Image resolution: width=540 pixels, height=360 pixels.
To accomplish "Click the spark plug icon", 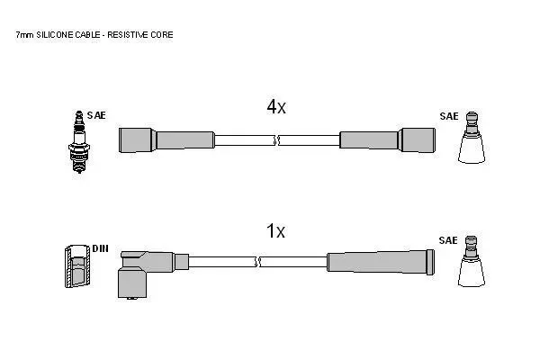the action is (x=79, y=141).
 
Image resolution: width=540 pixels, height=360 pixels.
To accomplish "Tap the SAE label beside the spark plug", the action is (x=96, y=115).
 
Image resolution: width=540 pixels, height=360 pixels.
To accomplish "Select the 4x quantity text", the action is (x=276, y=106).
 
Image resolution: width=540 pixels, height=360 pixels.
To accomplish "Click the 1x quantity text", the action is (x=276, y=230).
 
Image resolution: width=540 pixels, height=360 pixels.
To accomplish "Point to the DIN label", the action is (x=100, y=248).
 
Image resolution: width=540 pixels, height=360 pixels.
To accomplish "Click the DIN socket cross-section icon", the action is (x=77, y=266).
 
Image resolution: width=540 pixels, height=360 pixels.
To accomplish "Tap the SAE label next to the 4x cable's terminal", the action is (x=449, y=116).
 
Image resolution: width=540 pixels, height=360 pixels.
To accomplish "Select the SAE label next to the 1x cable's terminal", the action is (x=448, y=240).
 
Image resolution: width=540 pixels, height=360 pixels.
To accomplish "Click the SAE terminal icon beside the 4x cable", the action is (x=472, y=137).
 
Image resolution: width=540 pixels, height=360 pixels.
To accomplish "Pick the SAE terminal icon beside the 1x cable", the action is (x=471, y=261).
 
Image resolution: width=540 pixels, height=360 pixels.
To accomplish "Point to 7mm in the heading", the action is (x=25, y=35).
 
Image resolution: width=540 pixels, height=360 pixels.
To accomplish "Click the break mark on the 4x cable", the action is (x=277, y=140).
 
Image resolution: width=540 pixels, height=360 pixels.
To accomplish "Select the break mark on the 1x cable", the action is (x=257, y=262).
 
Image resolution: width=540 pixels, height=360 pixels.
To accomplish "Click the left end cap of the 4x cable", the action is (x=137, y=140).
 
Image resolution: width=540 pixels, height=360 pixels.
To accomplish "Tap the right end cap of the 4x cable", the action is (x=418, y=140).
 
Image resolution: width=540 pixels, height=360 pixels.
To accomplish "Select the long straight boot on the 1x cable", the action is (x=381, y=262).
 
